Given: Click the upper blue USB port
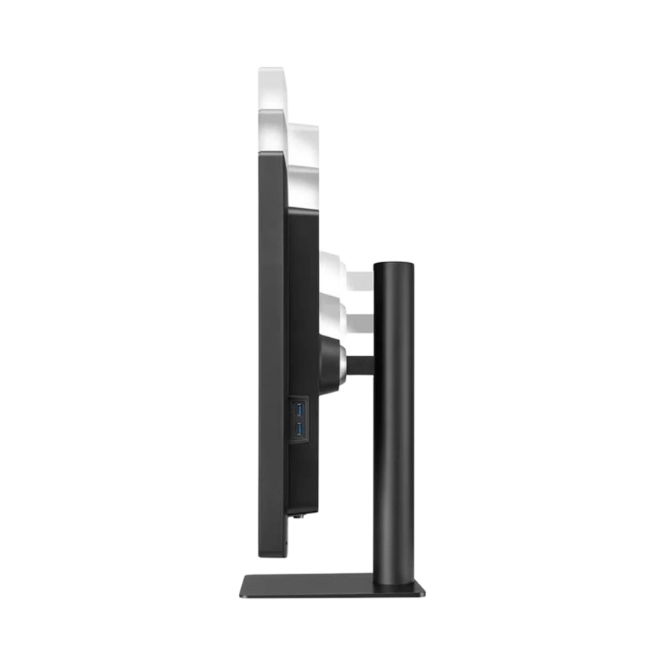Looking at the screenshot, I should point(299,408).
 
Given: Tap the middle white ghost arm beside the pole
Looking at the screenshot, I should point(360,316).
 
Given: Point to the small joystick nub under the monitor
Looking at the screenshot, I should point(295,520).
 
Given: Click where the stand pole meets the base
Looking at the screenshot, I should point(394,574).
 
